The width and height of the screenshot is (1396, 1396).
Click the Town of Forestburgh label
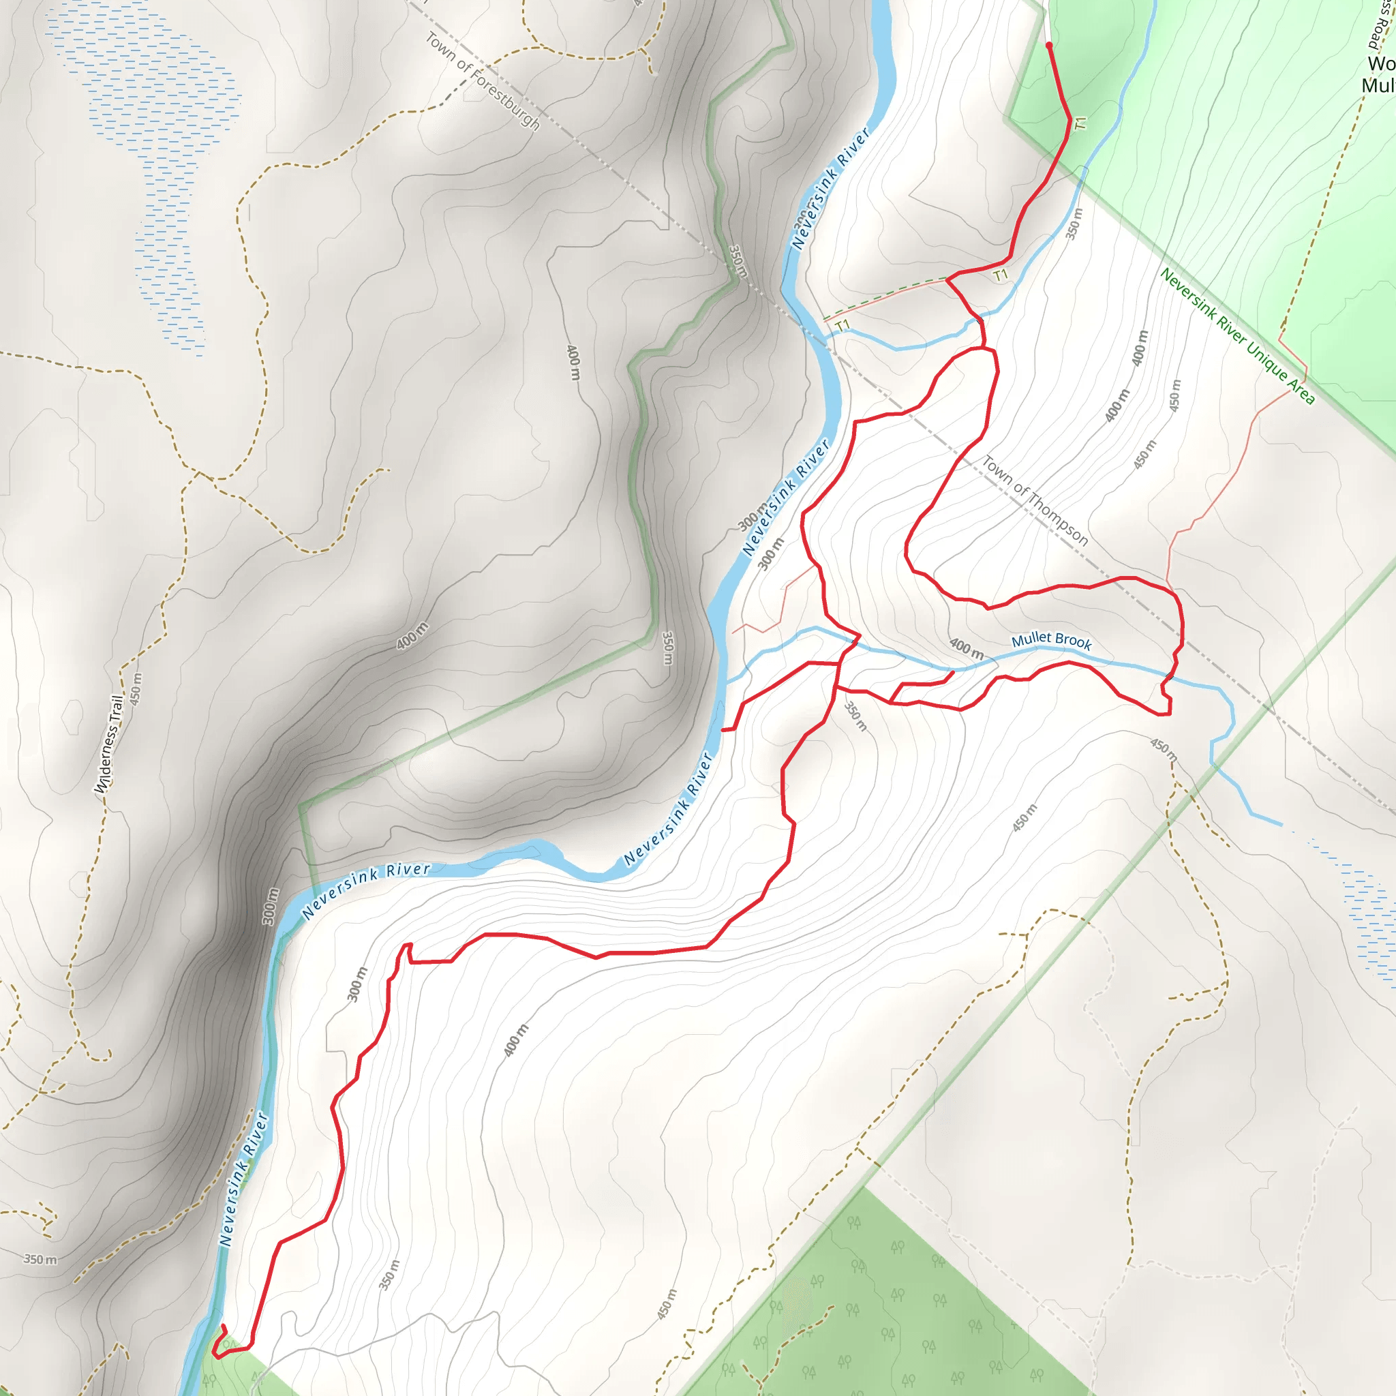pos(482,80)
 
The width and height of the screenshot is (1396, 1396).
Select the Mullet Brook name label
pos(1051,639)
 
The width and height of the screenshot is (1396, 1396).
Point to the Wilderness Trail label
pos(109,744)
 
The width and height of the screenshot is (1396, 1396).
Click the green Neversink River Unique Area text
pos(1237,335)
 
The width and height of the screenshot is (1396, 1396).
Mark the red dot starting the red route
pos(1049,46)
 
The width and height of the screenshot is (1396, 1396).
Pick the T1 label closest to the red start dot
pos(1080,123)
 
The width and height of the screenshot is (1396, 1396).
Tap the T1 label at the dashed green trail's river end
pos(843,326)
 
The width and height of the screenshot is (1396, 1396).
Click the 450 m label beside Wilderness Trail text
pos(136,688)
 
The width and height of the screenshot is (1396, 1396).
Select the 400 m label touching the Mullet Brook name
pos(966,648)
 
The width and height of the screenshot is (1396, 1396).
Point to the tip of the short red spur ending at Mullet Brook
pos(952,673)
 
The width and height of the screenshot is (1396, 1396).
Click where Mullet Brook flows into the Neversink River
pos(729,682)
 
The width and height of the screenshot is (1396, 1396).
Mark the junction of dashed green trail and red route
pos(947,278)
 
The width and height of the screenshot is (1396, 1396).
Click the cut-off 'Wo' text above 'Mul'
pos(1381,63)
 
